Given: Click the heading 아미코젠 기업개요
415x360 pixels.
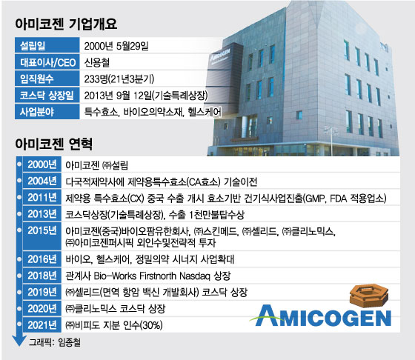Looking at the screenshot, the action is coord(66,24).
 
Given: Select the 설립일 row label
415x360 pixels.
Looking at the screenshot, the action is coord(33,46).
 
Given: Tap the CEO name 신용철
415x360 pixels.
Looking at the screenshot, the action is coord(96,62).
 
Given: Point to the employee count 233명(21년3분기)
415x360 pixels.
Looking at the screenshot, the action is coord(119,79).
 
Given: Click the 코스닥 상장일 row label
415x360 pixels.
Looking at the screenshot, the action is coord(47,96).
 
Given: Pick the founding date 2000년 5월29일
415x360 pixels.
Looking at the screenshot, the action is coord(116,46).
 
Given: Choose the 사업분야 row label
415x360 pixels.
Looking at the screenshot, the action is coord(37,112).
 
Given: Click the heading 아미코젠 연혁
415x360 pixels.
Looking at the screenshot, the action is coord(53,144).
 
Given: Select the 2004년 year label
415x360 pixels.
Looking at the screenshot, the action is coord(42,181).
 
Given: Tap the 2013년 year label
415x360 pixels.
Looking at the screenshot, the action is coord(42,214).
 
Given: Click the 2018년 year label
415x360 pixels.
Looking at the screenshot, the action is coord(42,276).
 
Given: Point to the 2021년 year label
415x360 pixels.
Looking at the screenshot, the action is coord(42,325).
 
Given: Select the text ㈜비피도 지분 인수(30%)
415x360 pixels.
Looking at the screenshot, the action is coord(114,325).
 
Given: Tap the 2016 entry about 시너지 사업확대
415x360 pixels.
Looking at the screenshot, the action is coord(150,259).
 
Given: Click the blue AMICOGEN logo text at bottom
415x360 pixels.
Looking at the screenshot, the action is coord(321,316).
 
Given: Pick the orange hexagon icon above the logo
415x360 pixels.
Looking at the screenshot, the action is coord(369,295).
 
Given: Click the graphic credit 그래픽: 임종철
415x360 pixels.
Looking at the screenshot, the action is coord(54,342).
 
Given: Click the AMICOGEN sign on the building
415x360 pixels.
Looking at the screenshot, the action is coord(220,55).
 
